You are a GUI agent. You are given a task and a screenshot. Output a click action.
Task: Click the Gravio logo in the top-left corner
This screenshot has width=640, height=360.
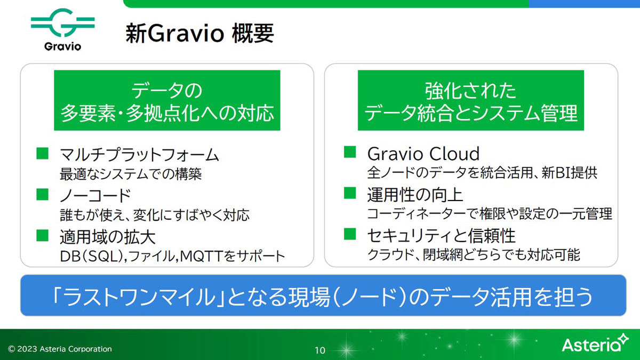coord(62,30)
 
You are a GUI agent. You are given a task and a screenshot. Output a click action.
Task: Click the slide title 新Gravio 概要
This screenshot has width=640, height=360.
coord(199,34)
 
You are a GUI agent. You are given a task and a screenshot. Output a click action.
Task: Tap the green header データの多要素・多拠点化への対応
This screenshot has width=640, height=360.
coord(167,100)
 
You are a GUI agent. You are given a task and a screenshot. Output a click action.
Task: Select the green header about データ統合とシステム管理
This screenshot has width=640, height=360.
coord(471,100)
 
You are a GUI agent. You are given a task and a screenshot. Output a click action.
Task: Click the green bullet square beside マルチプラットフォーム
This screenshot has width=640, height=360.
coord(42,153)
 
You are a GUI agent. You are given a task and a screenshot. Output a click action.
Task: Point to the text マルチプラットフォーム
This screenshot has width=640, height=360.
coord(139,155)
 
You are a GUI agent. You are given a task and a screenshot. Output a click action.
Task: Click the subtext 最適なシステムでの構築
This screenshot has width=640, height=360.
coord(131,174)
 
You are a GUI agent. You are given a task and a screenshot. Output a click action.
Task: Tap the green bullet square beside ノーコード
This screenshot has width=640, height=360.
coord(42,194)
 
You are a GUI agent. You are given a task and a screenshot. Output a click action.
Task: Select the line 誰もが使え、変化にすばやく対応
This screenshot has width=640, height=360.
coord(155,215)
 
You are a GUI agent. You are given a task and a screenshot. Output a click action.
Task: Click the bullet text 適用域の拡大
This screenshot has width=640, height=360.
coord(107,237)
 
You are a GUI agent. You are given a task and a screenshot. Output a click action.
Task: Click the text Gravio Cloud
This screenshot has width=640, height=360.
coord(423,154)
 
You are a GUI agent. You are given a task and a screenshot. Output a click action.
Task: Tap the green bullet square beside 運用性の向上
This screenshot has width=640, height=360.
coord(350,193)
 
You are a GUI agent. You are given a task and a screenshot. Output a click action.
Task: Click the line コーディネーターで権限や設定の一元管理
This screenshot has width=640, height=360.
coord(490,214)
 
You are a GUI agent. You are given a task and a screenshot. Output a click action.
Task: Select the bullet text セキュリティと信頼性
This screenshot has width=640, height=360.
coord(442,236)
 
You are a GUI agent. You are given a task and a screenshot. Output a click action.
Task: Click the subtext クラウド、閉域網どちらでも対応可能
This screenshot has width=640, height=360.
coord(474,254)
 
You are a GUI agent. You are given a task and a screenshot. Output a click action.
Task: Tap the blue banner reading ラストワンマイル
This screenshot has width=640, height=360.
coord(323,295)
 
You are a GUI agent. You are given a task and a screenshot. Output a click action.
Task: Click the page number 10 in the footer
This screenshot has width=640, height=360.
coord(319,350)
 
